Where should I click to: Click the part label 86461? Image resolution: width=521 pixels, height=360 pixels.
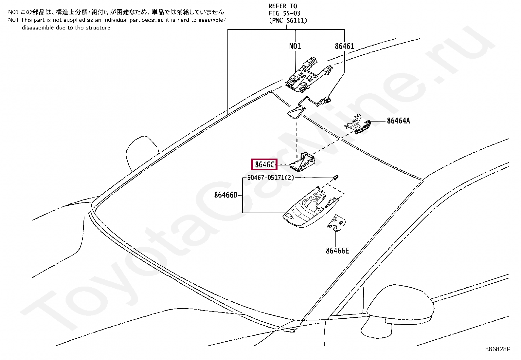tap(344, 46)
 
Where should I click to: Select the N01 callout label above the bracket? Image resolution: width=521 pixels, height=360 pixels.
tap(295, 46)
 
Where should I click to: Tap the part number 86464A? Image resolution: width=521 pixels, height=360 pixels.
tap(398, 121)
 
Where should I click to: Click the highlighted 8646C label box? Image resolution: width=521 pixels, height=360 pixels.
tap(264, 164)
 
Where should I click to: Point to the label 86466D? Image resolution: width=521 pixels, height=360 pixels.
tap(225, 195)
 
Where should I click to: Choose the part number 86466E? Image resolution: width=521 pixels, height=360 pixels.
tap(337, 251)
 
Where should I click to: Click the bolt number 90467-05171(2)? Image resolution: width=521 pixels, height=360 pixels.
tap(270, 178)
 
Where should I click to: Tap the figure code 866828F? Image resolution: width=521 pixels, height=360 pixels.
tap(497, 349)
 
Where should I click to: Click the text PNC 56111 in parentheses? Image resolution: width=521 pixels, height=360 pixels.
tap(288, 21)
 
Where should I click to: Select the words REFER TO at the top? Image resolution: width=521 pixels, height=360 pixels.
tap(283, 6)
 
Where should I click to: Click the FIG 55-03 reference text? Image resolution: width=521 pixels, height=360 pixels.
tap(284, 13)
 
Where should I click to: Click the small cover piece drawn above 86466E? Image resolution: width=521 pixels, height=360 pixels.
tap(336, 223)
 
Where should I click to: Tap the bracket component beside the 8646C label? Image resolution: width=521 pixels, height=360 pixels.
tap(303, 162)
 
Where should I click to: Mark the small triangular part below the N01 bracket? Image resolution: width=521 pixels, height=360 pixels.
tap(295, 111)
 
